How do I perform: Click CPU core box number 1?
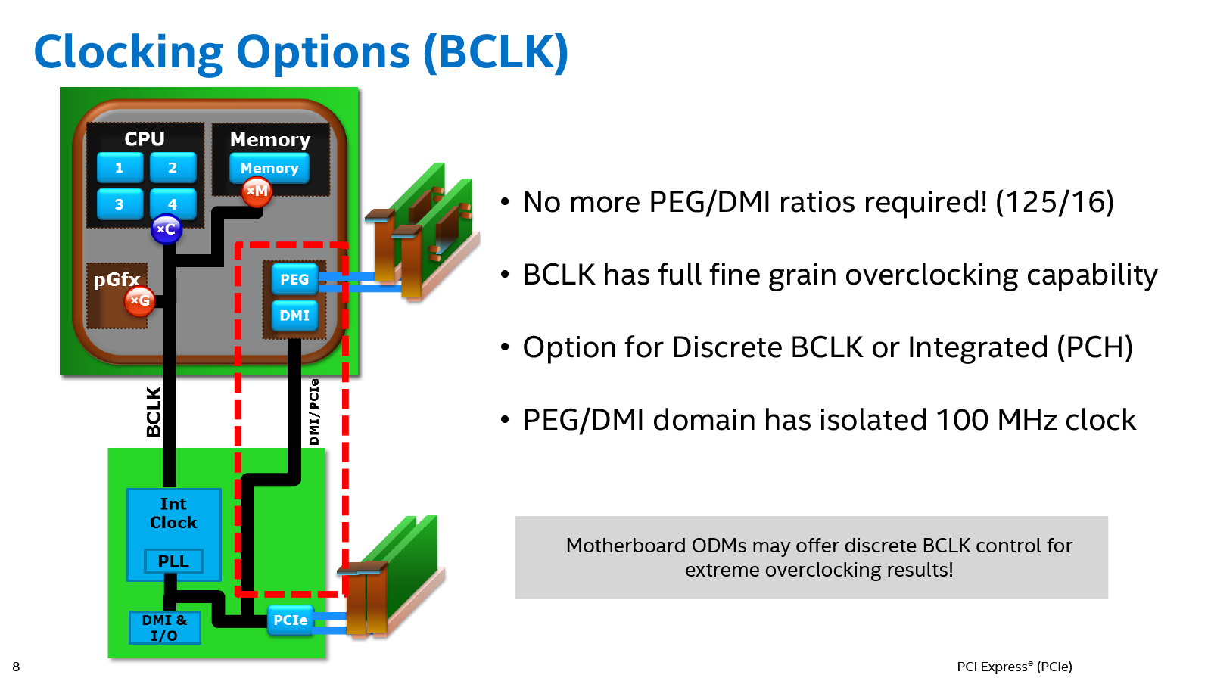pos(120,167)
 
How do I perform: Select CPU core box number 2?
pos(173,167)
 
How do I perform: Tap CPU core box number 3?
pos(120,204)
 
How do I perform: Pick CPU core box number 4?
pos(173,204)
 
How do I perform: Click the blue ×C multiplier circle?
pos(167,229)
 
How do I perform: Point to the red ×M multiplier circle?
pos(257,191)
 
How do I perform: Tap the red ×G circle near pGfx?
pos(140,301)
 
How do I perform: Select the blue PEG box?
pos(294,279)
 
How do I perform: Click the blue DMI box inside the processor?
pos(294,316)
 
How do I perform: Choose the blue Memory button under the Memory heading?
pos(269,169)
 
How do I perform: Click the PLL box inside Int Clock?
pos(173,561)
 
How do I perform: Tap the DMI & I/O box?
pos(164,628)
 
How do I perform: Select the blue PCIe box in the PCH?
pos(291,620)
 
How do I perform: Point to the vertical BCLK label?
pos(154,412)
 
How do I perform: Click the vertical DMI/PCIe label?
pos(314,412)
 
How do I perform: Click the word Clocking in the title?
pos(128,53)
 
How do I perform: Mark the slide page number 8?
pos(16,667)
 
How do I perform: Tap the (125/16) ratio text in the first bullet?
pos(1054,203)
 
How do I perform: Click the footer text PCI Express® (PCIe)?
pos(1014,667)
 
